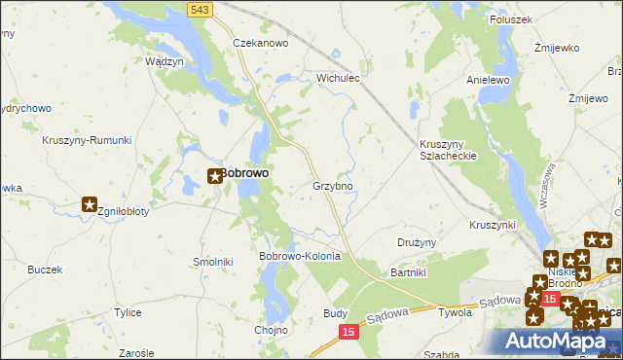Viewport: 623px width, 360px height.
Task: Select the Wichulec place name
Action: point(339,77)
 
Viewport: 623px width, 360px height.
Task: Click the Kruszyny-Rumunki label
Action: point(87,140)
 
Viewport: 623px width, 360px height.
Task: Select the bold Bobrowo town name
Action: point(244,173)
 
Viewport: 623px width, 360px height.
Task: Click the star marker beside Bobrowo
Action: point(215,176)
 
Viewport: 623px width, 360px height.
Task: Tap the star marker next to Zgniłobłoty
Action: point(90,204)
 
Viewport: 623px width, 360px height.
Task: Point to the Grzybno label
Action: point(332,185)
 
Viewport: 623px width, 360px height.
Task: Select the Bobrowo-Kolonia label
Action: point(299,256)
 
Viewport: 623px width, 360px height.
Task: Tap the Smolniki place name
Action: point(213,262)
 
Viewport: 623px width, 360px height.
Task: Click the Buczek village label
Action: point(45,270)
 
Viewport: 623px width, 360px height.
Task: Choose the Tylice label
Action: point(128,312)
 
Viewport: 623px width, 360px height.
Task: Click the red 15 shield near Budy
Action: point(348,332)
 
